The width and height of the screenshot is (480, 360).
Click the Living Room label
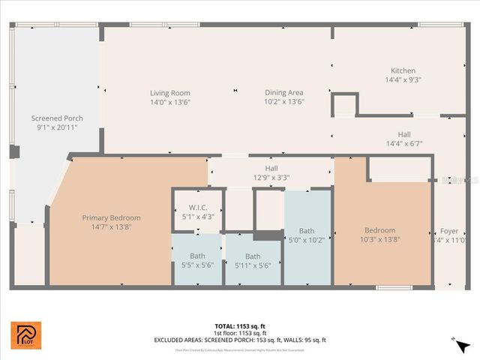tap(169, 93)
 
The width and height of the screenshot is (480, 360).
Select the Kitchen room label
tap(403, 70)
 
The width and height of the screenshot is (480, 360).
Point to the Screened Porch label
tap(57, 118)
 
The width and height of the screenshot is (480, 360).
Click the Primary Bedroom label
tap(111, 217)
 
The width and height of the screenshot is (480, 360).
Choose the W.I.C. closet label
tap(198, 208)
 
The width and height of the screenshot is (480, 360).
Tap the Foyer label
tap(448, 231)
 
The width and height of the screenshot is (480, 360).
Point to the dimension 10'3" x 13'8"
tap(379, 240)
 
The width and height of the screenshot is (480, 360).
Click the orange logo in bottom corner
tap(26, 335)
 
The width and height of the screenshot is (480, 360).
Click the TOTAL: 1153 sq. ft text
tap(240, 326)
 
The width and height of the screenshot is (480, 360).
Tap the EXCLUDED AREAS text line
tap(240, 340)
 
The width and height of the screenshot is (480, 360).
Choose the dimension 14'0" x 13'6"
tap(169, 102)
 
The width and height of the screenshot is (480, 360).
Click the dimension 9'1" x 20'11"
tap(57, 127)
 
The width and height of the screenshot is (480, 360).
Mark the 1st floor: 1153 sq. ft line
tap(240, 333)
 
